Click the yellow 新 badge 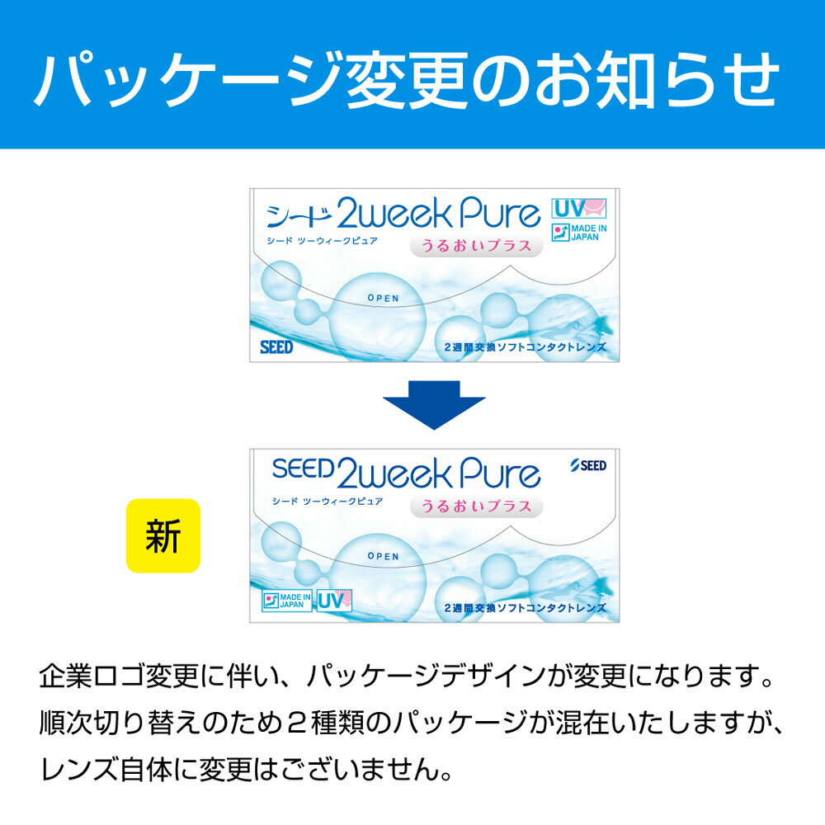[x=163, y=535]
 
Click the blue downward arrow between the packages [x=434, y=404]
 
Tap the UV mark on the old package [x=579, y=209]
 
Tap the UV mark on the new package [x=334, y=601]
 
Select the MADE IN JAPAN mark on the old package [x=579, y=232]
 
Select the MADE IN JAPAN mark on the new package [x=287, y=601]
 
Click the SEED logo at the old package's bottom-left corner [x=276, y=347]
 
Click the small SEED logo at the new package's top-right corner [x=588, y=465]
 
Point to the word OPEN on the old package [x=383, y=299]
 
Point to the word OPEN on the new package [x=383, y=556]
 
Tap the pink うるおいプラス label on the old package [x=476, y=246]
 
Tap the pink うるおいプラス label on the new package [x=476, y=507]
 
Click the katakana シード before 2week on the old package [x=299, y=215]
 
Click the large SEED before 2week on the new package [x=304, y=469]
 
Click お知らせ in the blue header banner [x=657, y=79]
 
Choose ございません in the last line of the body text [x=360, y=769]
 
